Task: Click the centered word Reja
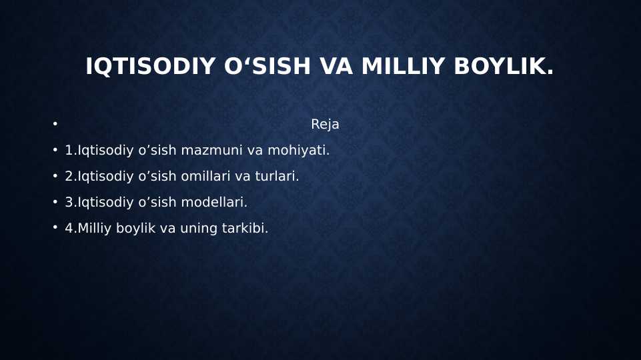coord(325,125)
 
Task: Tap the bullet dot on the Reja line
coord(55,124)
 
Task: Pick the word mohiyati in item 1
coord(298,151)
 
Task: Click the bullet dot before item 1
coord(55,150)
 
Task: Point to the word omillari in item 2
coord(205,177)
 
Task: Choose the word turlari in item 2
coord(277,177)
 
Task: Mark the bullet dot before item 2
coord(55,176)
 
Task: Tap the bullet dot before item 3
coord(55,202)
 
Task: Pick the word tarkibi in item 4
coord(245,229)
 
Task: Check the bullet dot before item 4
coord(55,228)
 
